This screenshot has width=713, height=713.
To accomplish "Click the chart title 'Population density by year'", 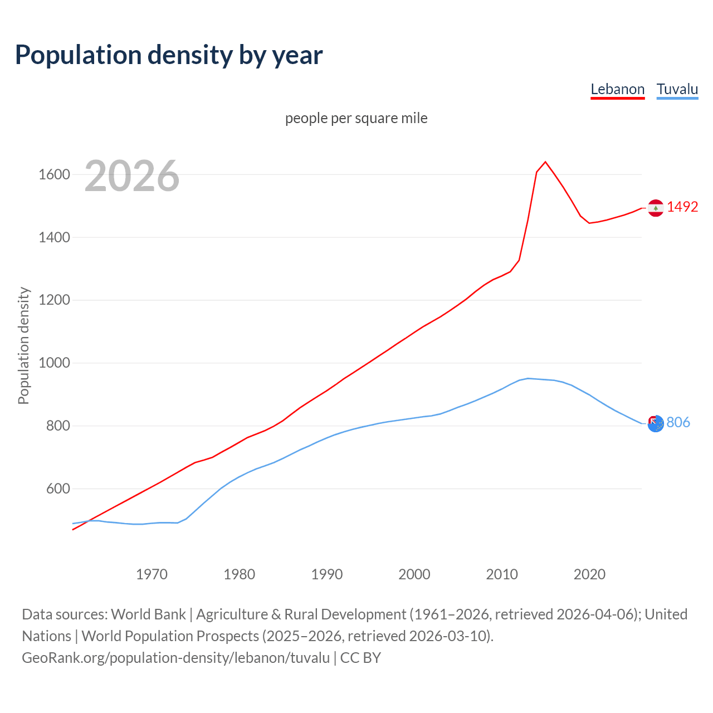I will [x=169, y=55].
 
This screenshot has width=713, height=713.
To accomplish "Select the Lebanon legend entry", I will [x=617, y=89].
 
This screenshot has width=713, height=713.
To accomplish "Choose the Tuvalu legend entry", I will [x=677, y=89].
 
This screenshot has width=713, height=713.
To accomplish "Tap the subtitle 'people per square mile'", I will [x=356, y=118].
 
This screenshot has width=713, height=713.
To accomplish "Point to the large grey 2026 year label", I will [x=132, y=176].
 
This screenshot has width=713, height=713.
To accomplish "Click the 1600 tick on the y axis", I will [x=54, y=175].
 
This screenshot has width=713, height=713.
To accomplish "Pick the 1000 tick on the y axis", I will [x=54, y=363].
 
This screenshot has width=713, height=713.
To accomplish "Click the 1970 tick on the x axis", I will [x=152, y=574].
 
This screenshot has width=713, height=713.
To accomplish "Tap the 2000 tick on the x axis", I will [x=414, y=574].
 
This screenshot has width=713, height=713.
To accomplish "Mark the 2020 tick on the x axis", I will [x=589, y=574].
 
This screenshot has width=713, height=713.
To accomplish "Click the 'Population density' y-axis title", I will [x=23, y=345].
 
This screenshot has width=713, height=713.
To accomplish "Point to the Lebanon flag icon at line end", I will [x=656, y=208].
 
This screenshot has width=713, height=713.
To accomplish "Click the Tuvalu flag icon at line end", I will [x=656, y=424].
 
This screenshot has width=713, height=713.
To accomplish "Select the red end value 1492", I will [x=682, y=207].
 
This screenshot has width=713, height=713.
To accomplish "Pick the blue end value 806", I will [x=678, y=422].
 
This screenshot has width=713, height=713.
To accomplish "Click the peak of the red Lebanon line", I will [x=545, y=162].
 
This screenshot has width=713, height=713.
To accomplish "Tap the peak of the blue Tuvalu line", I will [x=528, y=378].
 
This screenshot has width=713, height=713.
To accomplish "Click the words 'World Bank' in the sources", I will [x=148, y=614].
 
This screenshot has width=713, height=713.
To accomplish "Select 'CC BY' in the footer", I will [x=360, y=657].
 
